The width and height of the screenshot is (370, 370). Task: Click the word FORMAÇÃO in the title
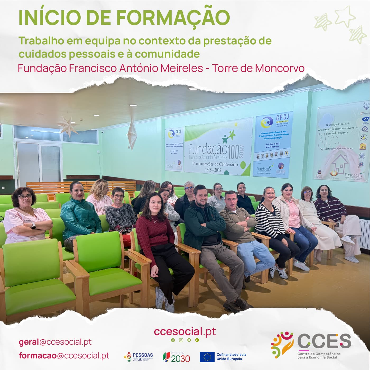173,17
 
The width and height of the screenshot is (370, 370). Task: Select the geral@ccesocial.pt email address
55,342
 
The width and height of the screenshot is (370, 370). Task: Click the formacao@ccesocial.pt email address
64,356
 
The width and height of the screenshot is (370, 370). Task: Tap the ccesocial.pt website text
185,331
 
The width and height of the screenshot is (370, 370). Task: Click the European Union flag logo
207,357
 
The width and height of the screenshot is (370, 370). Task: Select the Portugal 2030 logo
176,357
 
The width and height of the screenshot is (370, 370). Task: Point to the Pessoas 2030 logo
138,357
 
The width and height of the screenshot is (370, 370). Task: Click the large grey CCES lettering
324,341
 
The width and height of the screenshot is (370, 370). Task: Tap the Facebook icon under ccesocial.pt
173,340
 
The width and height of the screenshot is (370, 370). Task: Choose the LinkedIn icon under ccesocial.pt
197,340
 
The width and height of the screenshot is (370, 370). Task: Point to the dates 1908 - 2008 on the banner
213,170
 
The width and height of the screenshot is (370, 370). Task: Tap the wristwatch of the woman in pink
33,225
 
